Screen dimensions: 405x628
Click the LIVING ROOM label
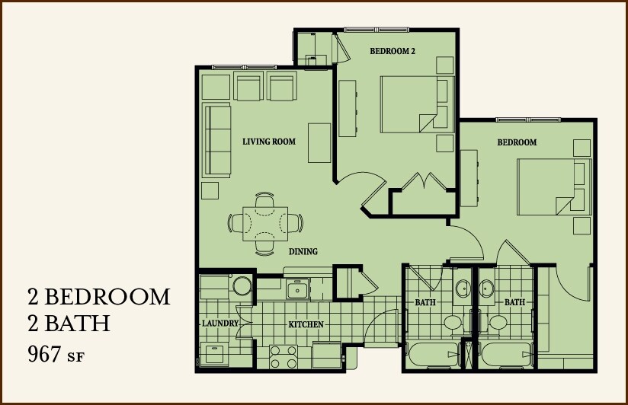click(268, 142)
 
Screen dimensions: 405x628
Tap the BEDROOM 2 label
click(392, 52)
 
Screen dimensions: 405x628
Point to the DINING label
click(303, 251)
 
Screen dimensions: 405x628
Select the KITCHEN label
click(306, 325)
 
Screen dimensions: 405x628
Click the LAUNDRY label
click(220, 324)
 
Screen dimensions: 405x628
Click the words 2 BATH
click(69, 324)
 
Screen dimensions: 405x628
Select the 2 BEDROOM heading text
click(98, 296)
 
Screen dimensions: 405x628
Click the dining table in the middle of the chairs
click(264, 223)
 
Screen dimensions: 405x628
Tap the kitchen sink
click(296, 289)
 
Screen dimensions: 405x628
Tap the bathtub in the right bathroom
click(506, 356)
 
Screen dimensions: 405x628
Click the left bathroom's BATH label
click(425, 302)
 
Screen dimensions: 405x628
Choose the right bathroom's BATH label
click(514, 302)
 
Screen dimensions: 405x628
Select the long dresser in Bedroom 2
click(348, 108)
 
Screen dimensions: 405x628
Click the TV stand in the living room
click(319, 142)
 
